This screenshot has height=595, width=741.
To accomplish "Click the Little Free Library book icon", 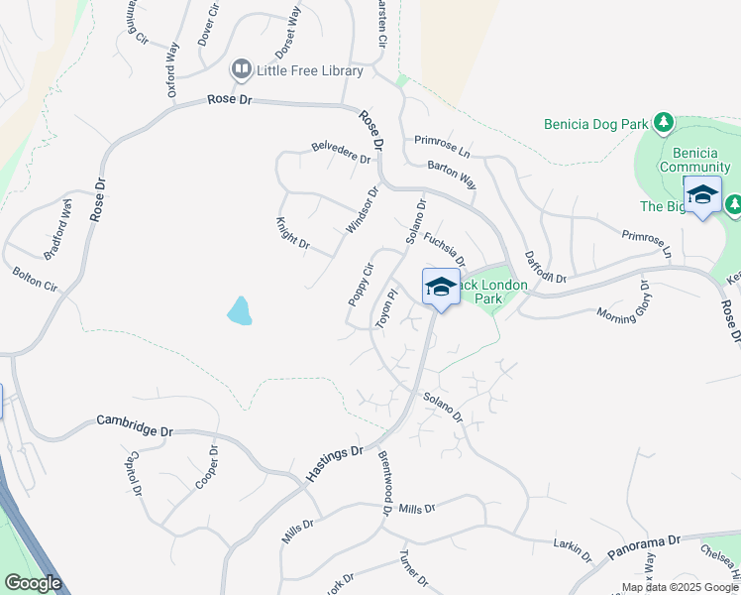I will tap(241, 70).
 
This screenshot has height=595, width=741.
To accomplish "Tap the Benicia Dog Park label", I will tap(595, 125).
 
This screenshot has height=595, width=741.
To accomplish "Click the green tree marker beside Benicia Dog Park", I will tap(663, 124).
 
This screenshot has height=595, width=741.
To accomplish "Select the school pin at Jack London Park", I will tap(441, 288).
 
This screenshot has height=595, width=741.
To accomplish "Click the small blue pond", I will tap(240, 310).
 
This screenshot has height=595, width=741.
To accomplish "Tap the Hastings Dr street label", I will tap(334, 464).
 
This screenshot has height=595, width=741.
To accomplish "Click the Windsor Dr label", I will tap(363, 210).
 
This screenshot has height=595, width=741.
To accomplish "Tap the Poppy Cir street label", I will tap(360, 285).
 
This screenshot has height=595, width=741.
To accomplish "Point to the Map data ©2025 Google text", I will tap(680, 587).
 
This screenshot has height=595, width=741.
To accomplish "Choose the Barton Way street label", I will tap(452, 176).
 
